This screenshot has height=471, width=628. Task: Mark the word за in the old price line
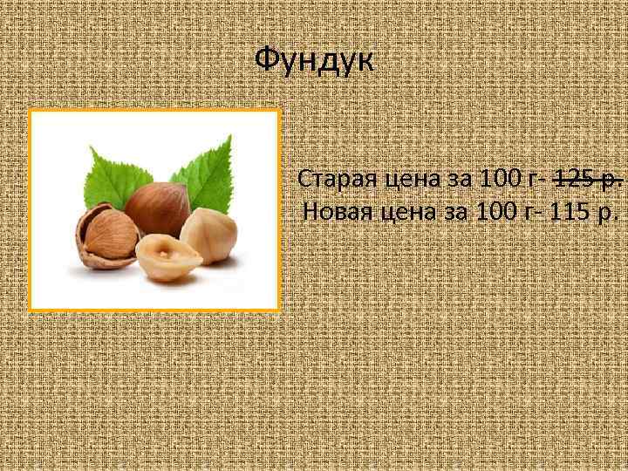(454, 180)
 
